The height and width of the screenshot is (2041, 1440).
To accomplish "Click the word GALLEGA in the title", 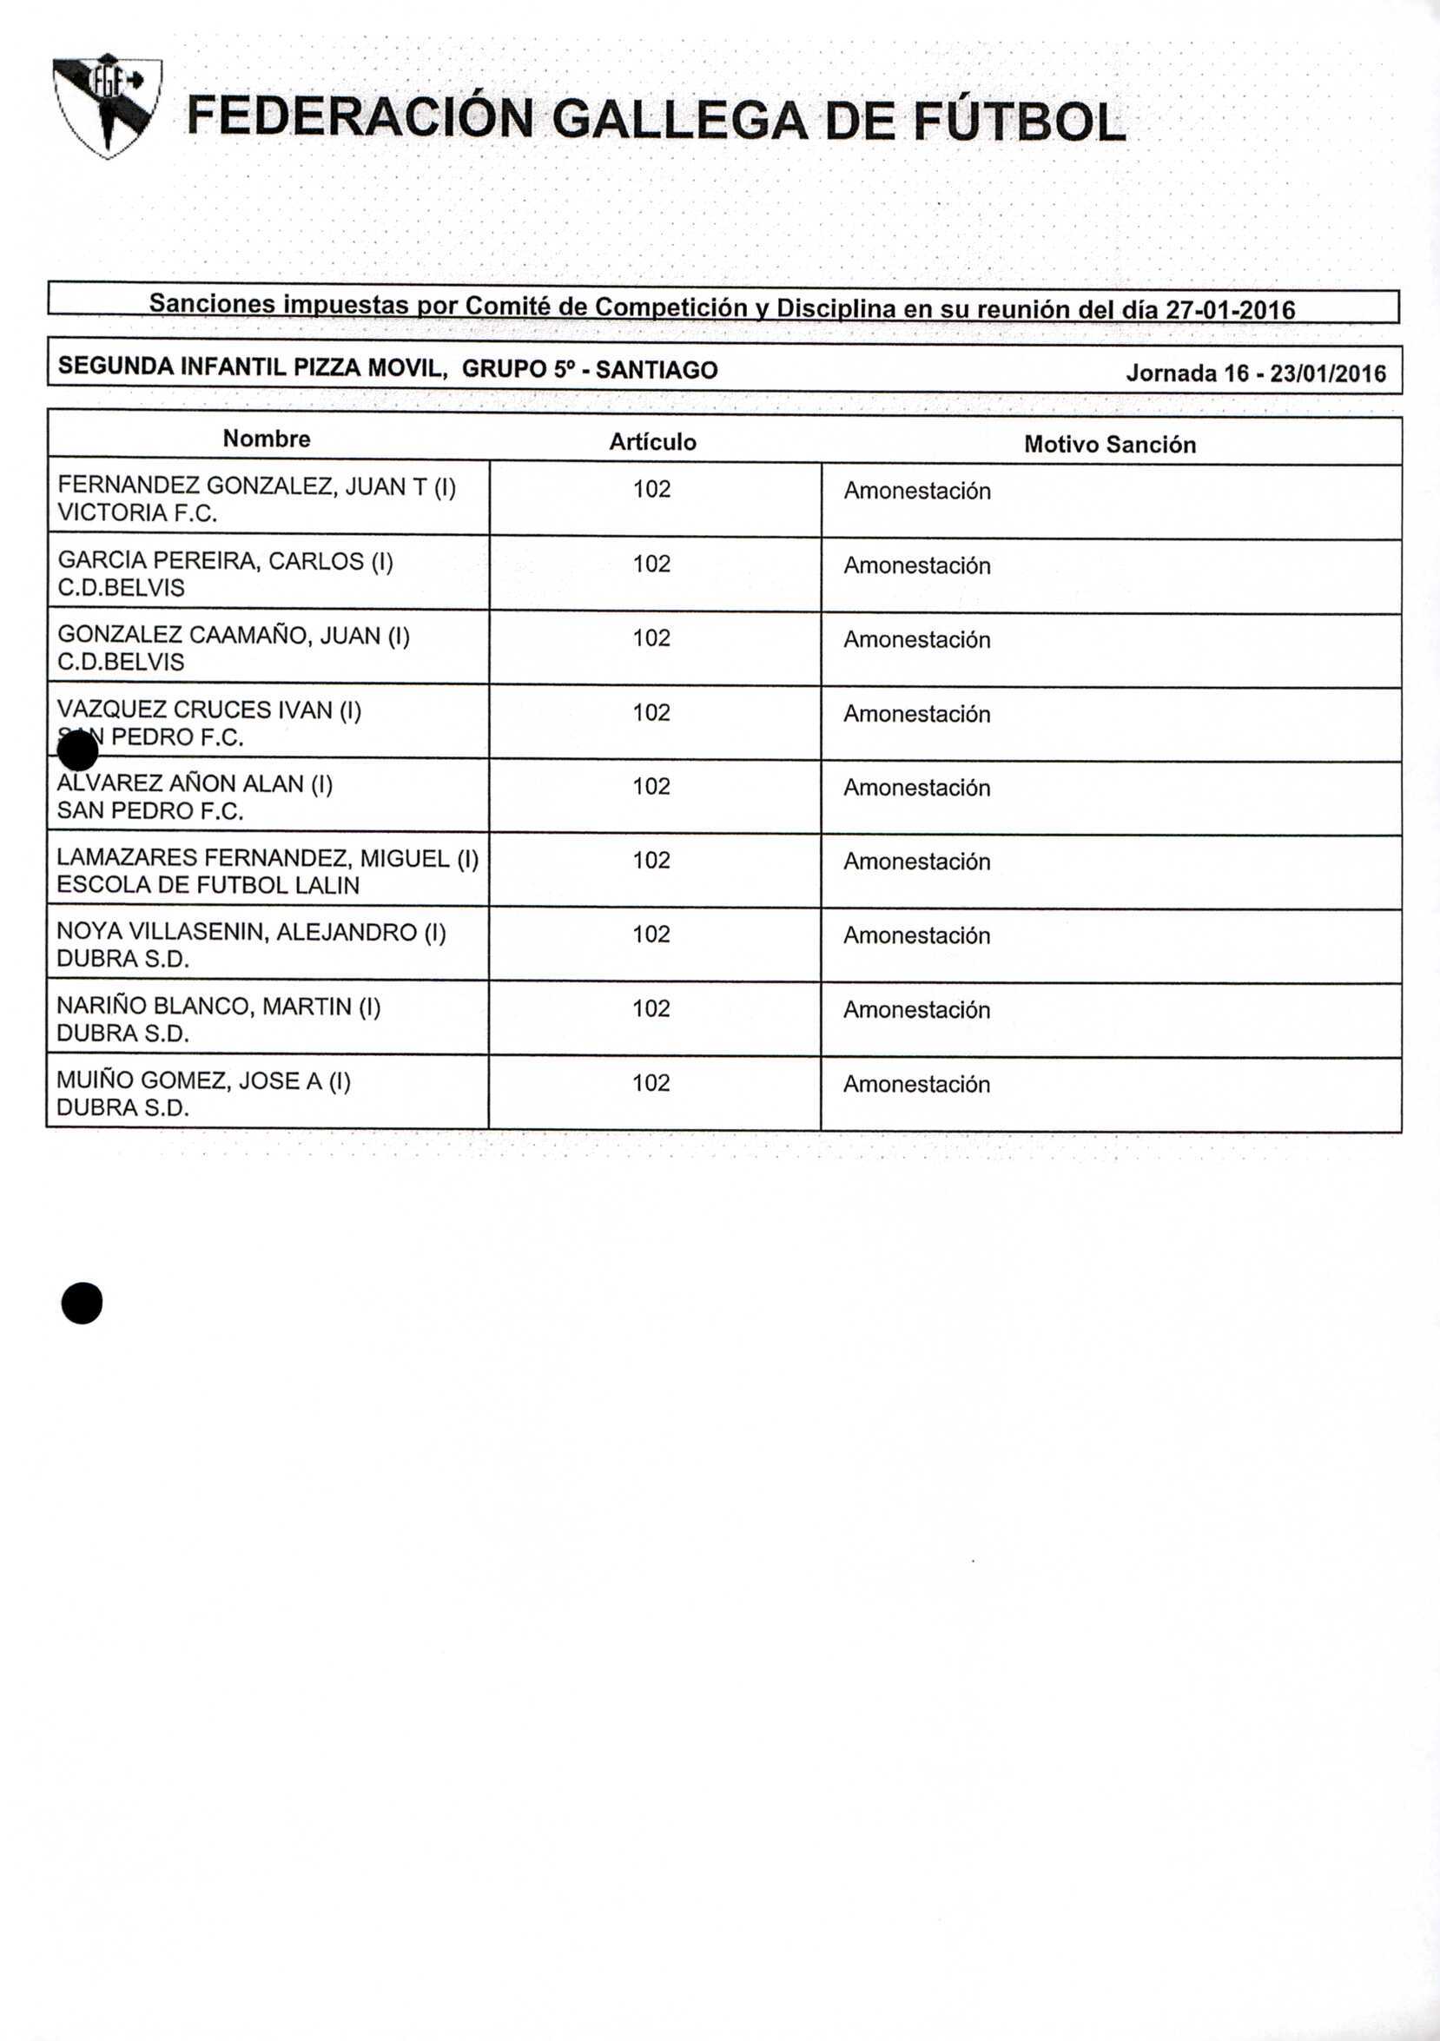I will click(x=680, y=121).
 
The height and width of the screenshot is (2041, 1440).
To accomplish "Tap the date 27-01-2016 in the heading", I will click(x=1230, y=310).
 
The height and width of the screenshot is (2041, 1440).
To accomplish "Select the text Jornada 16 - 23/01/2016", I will click(x=1255, y=373).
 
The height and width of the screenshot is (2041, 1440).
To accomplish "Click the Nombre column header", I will click(x=267, y=439).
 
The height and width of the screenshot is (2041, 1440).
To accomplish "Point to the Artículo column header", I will click(x=652, y=442).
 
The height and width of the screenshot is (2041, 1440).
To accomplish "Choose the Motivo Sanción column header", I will click(x=1109, y=445).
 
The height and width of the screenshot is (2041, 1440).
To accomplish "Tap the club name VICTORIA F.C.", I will click(x=137, y=513).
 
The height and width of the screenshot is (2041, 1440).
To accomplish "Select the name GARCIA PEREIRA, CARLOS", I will click(x=225, y=561).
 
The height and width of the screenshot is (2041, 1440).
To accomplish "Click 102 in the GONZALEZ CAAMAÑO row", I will click(x=651, y=638).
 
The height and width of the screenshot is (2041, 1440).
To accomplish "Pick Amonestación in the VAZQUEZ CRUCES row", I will click(x=916, y=714).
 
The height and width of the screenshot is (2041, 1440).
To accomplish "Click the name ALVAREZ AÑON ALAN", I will click(x=195, y=783).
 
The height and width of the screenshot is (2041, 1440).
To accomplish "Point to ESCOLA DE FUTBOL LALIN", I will click(x=208, y=885).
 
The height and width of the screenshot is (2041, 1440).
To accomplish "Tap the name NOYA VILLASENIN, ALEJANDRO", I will click(x=251, y=932).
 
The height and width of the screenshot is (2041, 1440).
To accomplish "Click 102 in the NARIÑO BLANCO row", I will click(x=651, y=1008).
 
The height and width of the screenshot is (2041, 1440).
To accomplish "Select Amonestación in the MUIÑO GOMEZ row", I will click(x=916, y=1084).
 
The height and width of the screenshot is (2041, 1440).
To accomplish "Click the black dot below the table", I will click(x=82, y=1303).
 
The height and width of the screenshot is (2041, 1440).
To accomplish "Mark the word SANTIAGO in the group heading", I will click(x=656, y=370).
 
